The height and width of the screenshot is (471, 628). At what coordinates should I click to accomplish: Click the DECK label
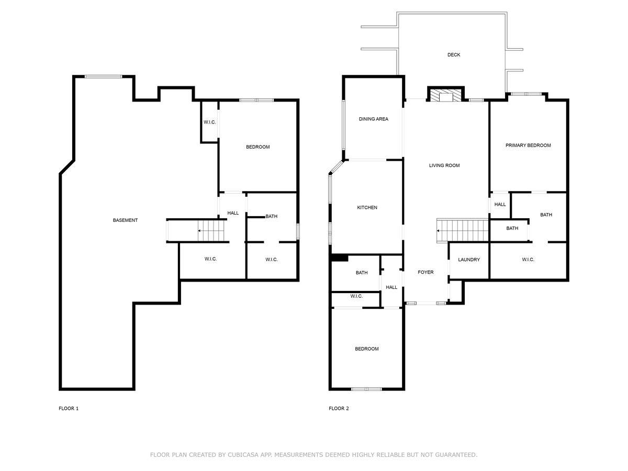click(x=454, y=54)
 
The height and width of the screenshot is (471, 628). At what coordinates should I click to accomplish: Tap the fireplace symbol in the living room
click(x=446, y=95)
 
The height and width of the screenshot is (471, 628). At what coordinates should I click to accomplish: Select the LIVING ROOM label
click(x=444, y=165)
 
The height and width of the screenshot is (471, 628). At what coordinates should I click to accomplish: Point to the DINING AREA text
click(x=373, y=119)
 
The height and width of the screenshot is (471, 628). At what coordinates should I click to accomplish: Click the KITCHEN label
click(x=367, y=207)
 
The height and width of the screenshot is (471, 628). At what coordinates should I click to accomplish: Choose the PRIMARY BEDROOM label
click(x=528, y=145)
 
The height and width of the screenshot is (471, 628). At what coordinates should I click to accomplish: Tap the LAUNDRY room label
click(x=468, y=260)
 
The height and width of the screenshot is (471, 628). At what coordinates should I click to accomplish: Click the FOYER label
click(x=425, y=272)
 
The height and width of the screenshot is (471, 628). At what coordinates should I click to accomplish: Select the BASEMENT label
click(x=125, y=220)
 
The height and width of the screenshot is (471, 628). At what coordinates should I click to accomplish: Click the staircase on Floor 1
click(x=211, y=231)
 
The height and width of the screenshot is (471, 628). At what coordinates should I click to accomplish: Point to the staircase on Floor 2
click(x=462, y=231)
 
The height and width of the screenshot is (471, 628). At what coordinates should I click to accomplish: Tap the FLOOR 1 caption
click(x=69, y=408)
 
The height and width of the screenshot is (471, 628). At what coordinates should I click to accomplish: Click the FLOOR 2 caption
click(x=339, y=408)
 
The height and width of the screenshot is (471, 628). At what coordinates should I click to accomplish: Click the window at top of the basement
click(x=103, y=76)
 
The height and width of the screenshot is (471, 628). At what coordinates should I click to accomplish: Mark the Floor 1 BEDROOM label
click(x=258, y=147)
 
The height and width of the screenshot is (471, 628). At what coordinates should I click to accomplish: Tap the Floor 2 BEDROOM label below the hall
click(x=366, y=349)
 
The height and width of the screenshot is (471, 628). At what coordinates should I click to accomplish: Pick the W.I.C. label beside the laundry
click(x=528, y=260)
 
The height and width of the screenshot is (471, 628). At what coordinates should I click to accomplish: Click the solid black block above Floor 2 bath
click(x=339, y=258)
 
